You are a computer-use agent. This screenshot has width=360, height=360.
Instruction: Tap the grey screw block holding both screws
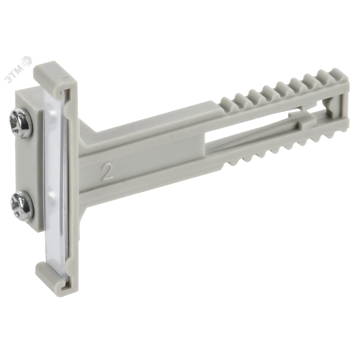pos(29,165)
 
